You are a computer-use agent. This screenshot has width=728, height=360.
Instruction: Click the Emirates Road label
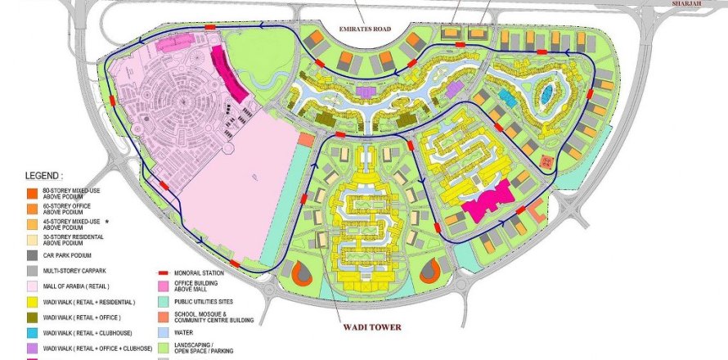365,29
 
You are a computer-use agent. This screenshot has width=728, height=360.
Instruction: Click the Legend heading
43,176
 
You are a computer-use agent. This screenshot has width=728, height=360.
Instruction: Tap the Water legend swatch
164,333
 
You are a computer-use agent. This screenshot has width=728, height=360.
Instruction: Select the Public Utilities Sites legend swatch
164,302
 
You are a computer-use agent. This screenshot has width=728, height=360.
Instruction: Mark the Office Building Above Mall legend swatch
164,286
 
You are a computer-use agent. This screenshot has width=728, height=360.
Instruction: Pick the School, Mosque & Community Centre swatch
164,317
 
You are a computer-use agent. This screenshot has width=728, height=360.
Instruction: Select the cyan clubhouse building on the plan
507,97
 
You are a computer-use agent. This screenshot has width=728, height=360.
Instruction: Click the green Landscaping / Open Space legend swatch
164,349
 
